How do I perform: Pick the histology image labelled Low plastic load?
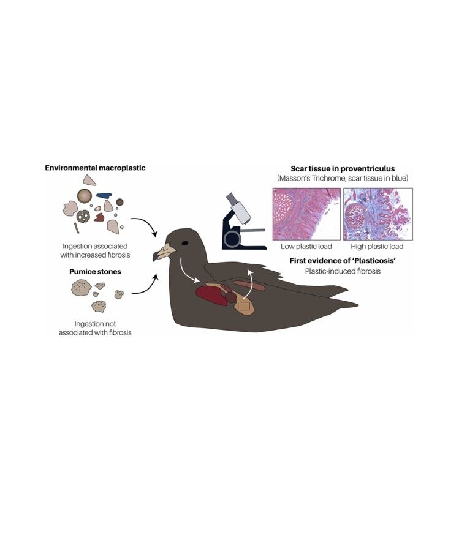coord(306,214)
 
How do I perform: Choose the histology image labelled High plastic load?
coord(377,214)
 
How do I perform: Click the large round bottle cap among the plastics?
coord(85,196)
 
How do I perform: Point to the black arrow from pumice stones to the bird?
coord(145,286)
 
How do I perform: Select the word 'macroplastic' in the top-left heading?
coord(120,168)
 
